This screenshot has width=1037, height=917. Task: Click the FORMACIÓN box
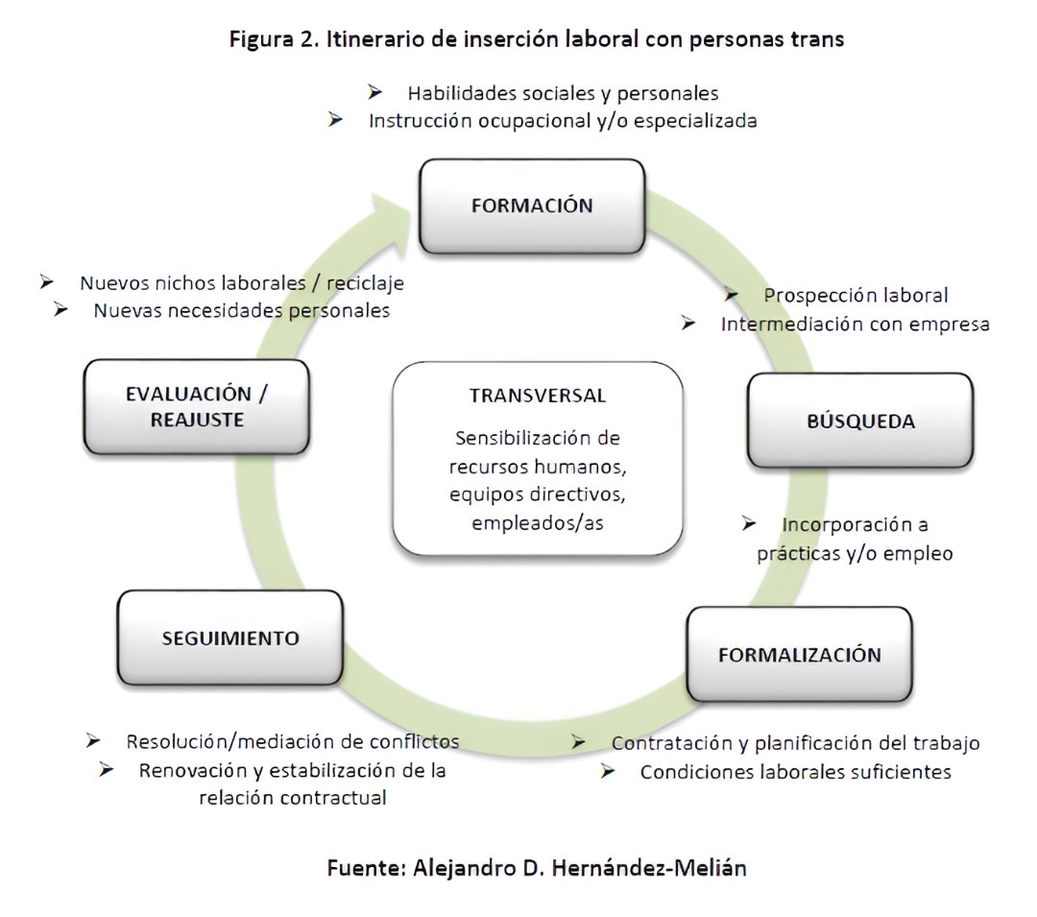click(531, 205)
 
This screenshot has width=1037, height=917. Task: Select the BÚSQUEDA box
click(860, 421)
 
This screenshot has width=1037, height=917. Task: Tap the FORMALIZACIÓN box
click(799, 655)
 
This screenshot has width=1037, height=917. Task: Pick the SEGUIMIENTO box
click(229, 638)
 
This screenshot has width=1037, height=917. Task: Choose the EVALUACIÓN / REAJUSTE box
click(197, 407)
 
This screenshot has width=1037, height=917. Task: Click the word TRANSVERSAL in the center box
click(538, 396)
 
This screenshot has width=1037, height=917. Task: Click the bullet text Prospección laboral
click(856, 295)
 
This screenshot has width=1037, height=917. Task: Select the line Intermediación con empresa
click(855, 324)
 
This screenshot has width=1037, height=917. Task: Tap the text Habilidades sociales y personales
click(563, 93)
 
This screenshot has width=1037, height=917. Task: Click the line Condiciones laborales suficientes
click(795, 771)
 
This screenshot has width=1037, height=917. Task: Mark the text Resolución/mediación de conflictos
click(292, 741)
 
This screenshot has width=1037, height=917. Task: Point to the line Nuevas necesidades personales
click(241, 310)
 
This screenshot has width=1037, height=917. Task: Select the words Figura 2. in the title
click(258, 40)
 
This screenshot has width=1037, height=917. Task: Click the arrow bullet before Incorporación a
click(751, 524)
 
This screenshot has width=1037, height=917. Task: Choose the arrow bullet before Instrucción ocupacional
click(335, 121)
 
